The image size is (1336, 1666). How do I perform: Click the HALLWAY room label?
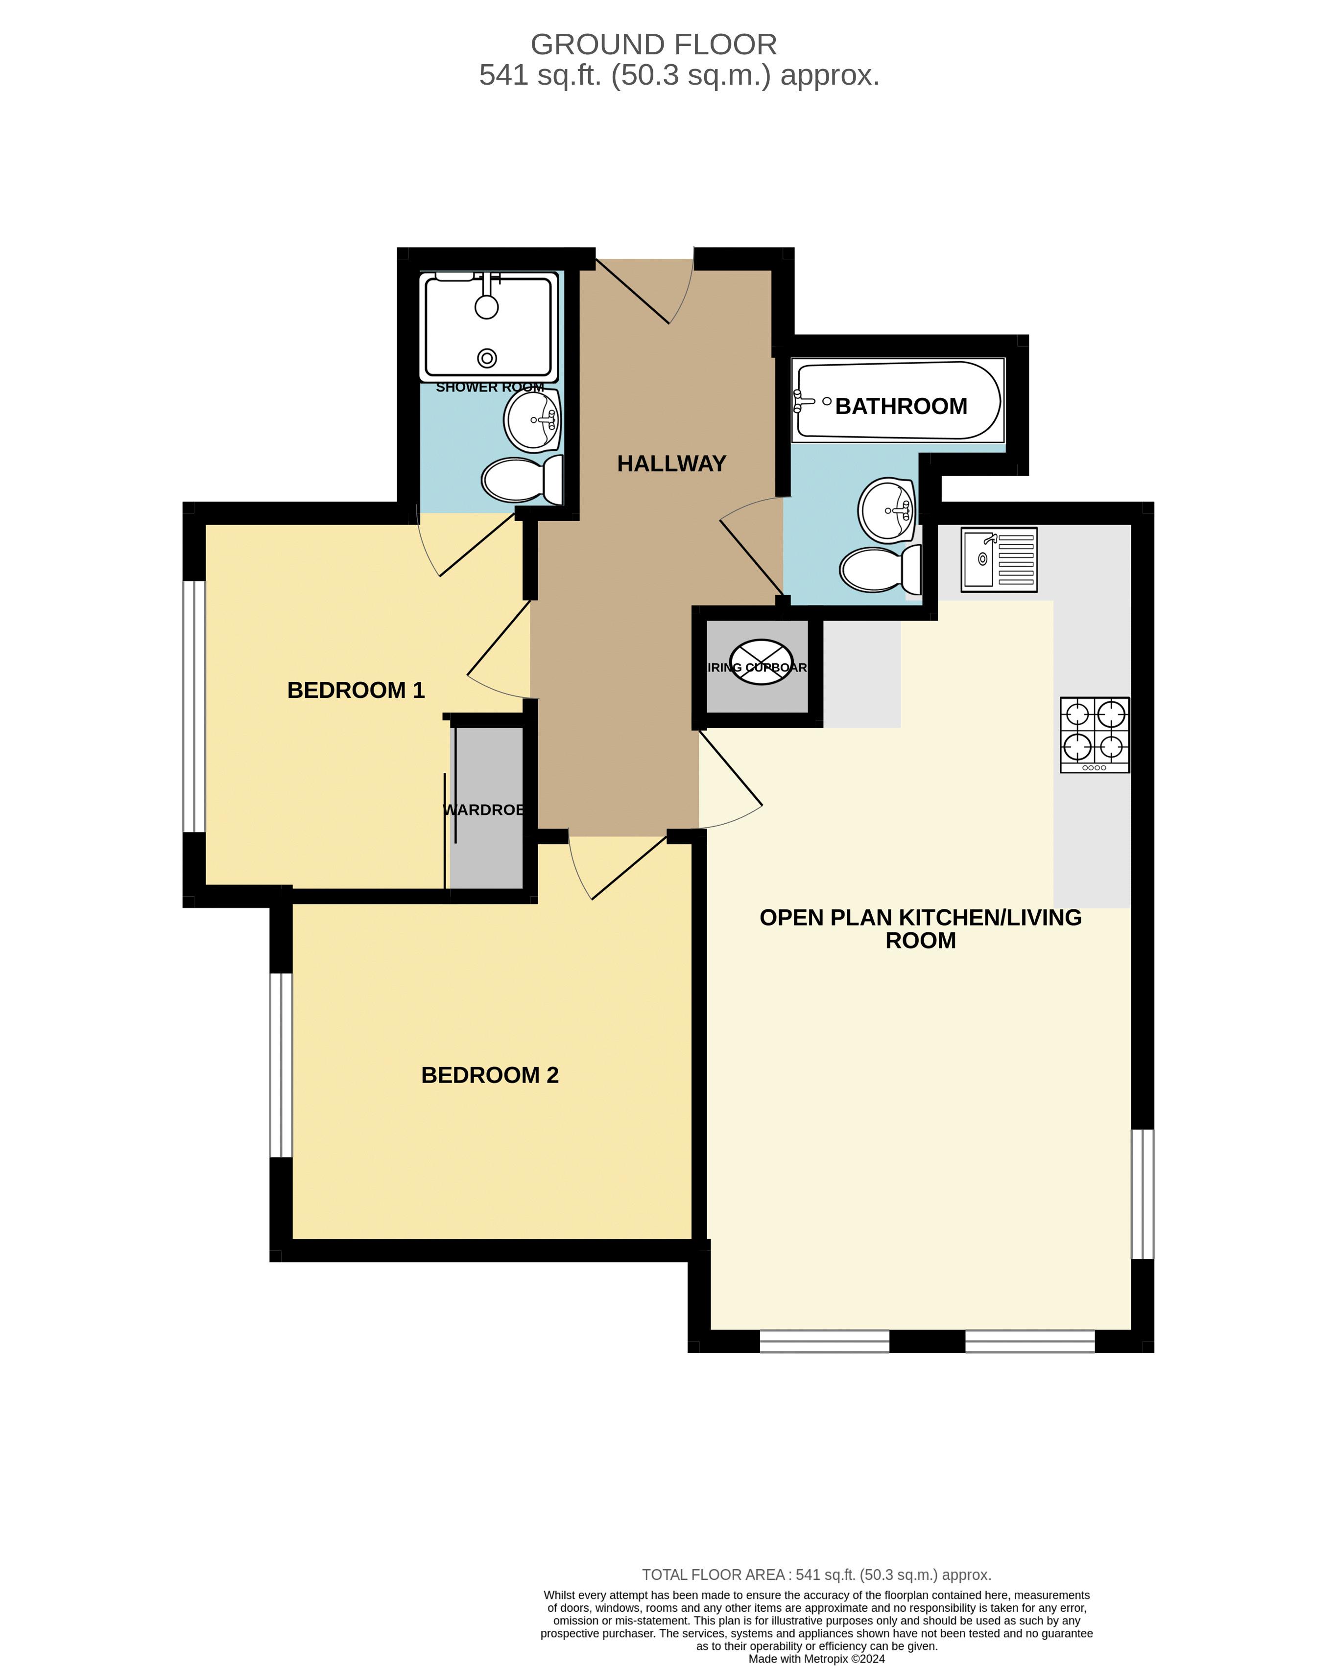[x=671, y=463]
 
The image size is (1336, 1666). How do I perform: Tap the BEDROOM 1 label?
[x=356, y=690]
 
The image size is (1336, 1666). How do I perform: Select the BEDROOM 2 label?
[x=489, y=1075]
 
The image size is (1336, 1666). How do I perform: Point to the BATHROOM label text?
[x=901, y=406]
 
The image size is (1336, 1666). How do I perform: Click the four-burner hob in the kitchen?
[x=1094, y=734]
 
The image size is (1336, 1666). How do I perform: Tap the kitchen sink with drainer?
[x=998, y=559]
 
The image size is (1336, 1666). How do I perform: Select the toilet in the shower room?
[x=522, y=480]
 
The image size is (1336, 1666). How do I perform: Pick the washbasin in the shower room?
[x=532, y=419]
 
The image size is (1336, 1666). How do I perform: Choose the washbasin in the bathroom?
[x=887, y=510]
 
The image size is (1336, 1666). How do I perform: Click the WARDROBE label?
[x=484, y=810]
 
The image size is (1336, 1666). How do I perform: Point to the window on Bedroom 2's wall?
[x=282, y=1065]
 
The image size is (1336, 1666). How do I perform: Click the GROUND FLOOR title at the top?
[x=653, y=45]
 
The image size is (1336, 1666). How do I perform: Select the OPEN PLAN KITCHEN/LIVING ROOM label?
[x=920, y=929]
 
